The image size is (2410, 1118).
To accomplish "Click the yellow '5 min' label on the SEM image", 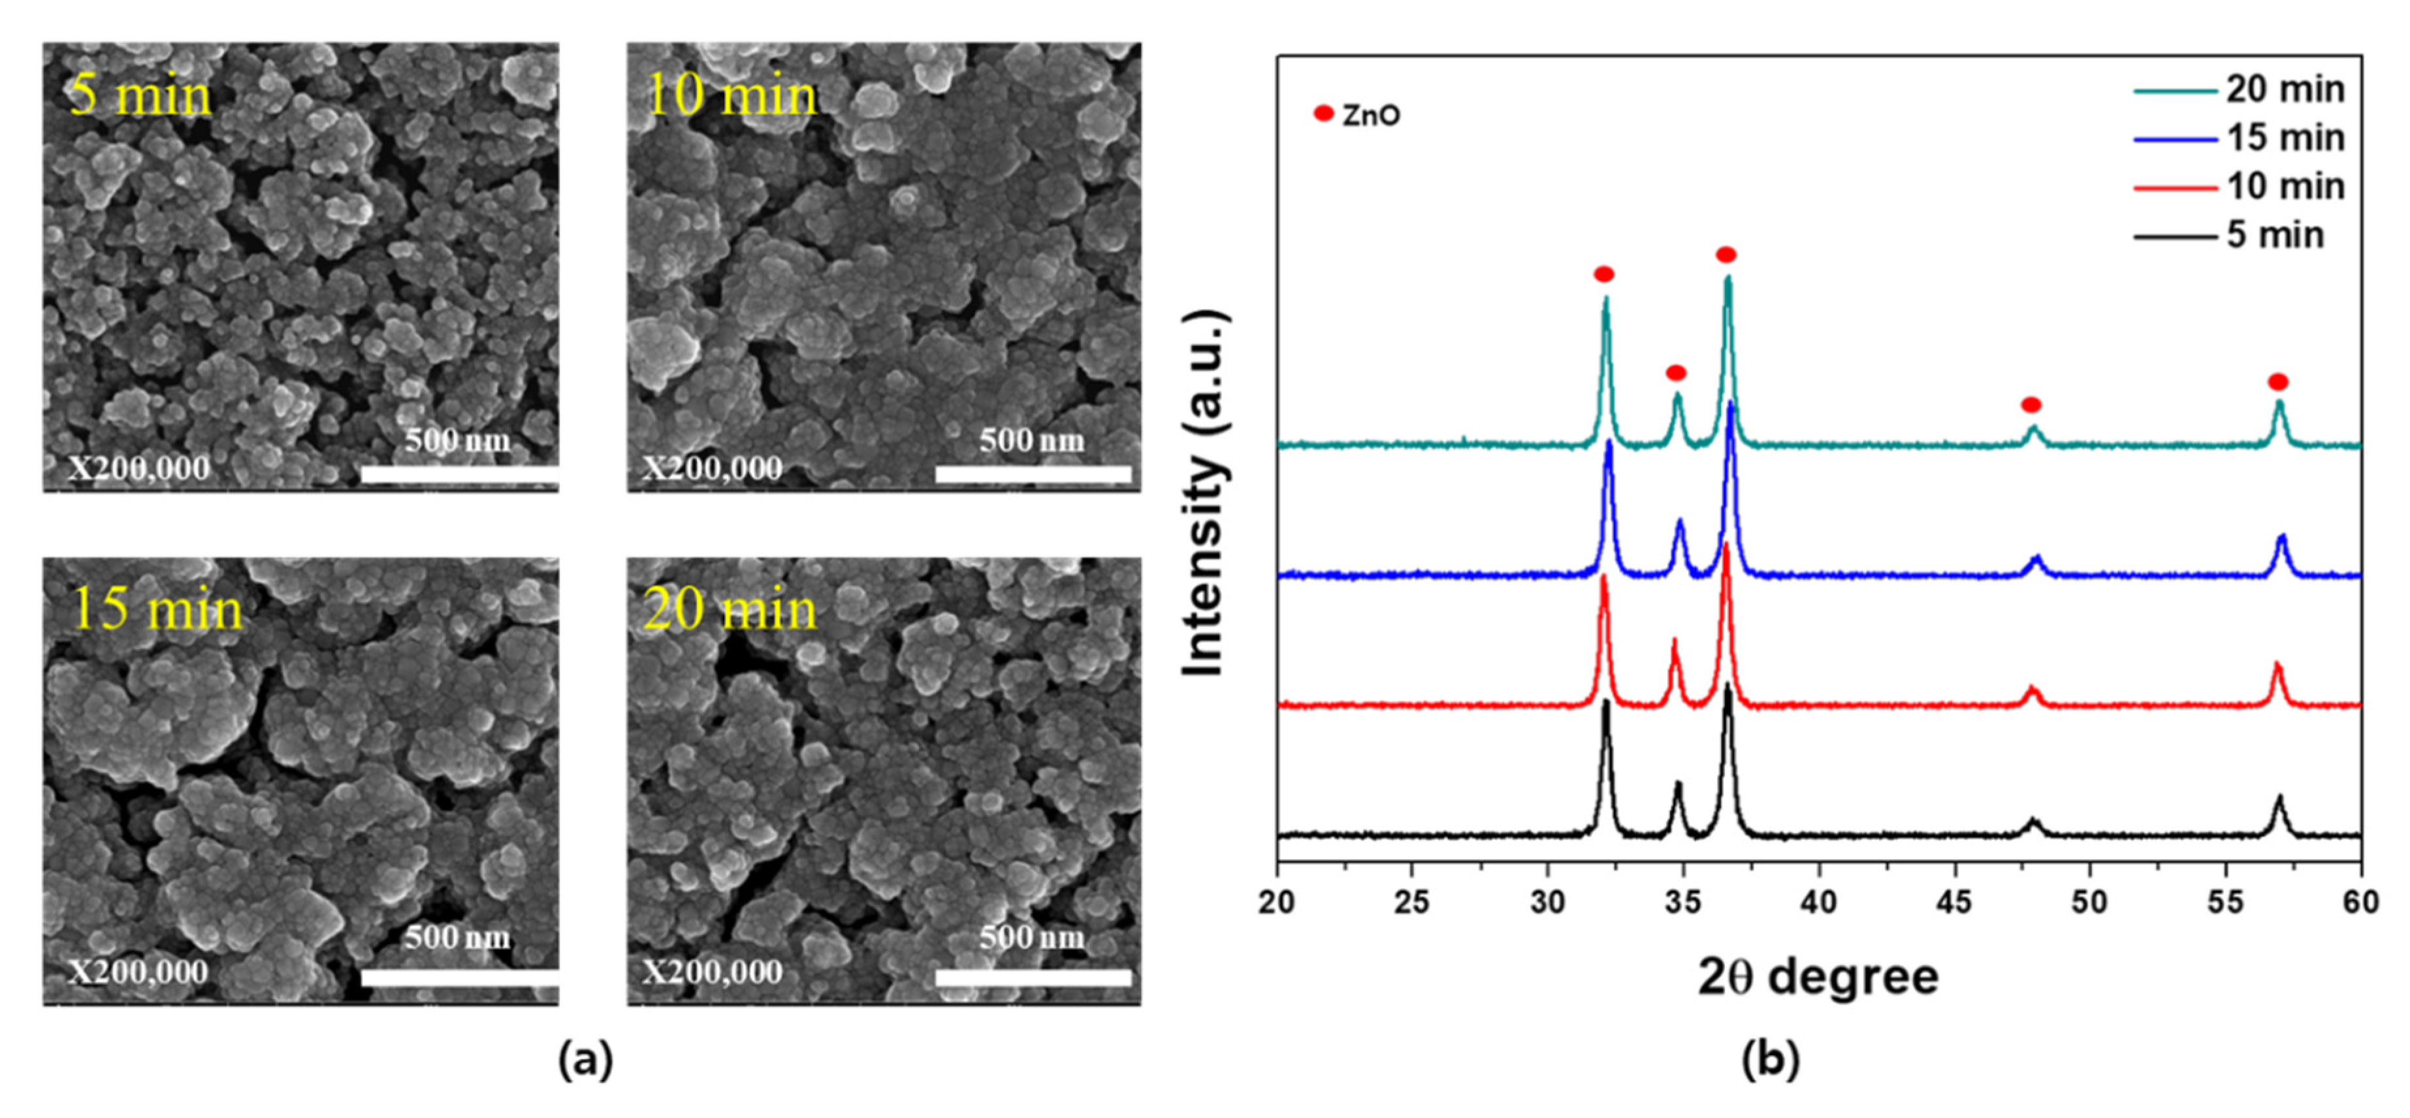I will pos(140,95).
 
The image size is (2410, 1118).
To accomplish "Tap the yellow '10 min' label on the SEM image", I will pos(731,95).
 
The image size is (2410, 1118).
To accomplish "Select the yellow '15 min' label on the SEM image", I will pos(156,609).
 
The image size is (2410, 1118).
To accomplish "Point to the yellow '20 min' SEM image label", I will pos(729,610).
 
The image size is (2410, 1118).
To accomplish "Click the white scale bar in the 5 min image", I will pos(459,474).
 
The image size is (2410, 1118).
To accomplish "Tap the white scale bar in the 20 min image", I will pos(1033,978).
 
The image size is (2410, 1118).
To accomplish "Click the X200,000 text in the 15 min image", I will pos(138,972).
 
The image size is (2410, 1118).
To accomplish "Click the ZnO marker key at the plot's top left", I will pos(1357,115).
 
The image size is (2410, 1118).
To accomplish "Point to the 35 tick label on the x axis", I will pos(1683,902).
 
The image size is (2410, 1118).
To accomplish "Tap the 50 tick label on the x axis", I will pos(2089,902).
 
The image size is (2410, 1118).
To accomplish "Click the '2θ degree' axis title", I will pos(1818,977).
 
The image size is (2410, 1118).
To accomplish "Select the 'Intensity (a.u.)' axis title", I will pos(1205,493).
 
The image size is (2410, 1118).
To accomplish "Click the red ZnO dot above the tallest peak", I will pos(1726,255).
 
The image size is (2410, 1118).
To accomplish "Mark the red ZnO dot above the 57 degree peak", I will pos(2278,382).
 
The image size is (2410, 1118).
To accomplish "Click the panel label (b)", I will pos(1770,1060).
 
